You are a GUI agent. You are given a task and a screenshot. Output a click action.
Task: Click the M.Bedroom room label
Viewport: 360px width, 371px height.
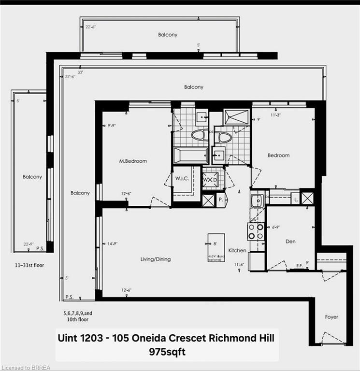[x=134, y=161]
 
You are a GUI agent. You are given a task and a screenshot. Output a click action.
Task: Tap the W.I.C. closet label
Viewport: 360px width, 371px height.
[x=182, y=178]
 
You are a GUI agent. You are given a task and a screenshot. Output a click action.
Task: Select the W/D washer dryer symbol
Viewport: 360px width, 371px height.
[x=211, y=179]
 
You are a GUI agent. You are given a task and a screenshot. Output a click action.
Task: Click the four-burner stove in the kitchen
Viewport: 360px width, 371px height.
[x=256, y=231]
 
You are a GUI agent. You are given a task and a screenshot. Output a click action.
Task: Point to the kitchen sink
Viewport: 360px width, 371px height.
[x=257, y=199]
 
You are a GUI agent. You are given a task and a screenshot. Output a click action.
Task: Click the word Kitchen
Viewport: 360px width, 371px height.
[x=237, y=250]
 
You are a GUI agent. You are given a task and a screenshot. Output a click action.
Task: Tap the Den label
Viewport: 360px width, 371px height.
[x=290, y=241]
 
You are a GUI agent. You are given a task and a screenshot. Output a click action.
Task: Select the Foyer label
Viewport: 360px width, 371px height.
[x=331, y=317]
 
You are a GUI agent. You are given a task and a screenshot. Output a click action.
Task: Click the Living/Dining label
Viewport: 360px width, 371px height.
[x=155, y=259]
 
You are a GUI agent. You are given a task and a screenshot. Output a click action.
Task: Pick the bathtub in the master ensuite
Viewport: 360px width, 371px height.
[x=191, y=156]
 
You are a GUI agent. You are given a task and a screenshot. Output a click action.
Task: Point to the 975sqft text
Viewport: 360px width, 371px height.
[x=164, y=352]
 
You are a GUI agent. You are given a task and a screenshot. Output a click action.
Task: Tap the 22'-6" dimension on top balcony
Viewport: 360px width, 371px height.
[x=90, y=27]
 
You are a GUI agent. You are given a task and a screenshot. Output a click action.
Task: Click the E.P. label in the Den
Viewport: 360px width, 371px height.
[x=300, y=265]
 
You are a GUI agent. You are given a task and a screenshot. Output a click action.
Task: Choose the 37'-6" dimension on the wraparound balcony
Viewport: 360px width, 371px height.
[x=71, y=76]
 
